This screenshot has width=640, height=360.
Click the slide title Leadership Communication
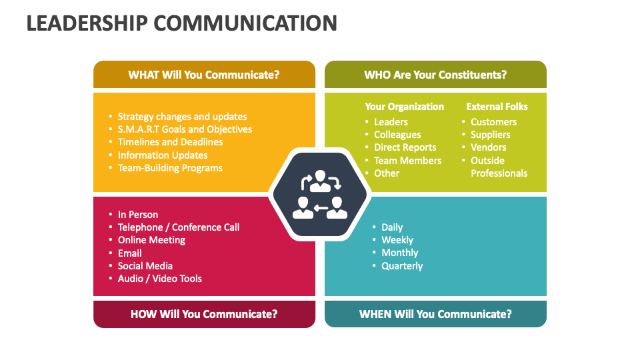[181, 23]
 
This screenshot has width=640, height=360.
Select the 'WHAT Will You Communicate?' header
[204, 75]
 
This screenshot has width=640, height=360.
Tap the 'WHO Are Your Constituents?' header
[435, 75]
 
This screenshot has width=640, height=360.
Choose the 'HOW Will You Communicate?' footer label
[204, 314]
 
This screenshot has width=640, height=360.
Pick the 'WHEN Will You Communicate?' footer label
[435, 314]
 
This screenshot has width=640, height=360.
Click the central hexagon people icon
[319, 195]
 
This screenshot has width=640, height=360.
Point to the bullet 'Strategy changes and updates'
[182, 117]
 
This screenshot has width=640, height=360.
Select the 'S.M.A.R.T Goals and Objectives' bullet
[185, 129]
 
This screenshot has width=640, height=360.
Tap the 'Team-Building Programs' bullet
[170, 168]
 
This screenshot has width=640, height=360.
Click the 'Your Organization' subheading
[404, 107]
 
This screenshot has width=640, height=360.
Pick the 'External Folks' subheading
[497, 107]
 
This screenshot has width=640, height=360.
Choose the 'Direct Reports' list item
[405, 147]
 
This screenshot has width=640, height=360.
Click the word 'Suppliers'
[490, 135]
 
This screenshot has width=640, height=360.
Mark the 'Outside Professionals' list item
[499, 167]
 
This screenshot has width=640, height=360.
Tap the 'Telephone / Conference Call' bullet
[179, 227]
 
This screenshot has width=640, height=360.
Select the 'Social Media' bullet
[145, 266]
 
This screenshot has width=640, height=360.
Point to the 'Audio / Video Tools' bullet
[160, 279]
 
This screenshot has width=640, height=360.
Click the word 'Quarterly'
[402, 266]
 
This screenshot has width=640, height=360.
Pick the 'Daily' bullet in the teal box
[392, 227]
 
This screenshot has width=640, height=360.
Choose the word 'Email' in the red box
[130, 253]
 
